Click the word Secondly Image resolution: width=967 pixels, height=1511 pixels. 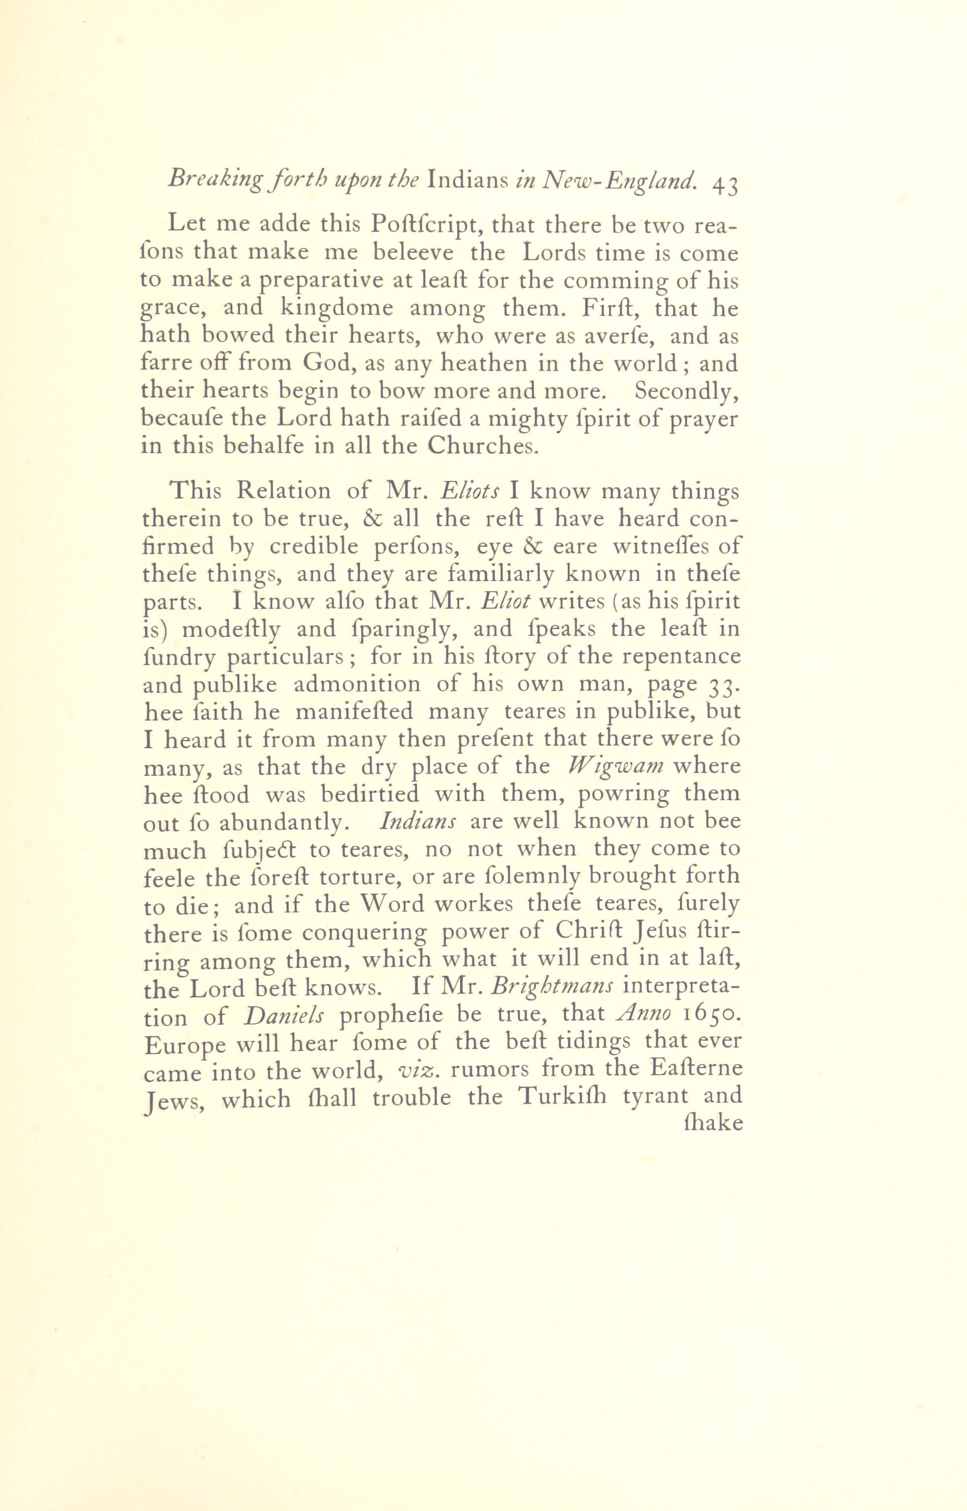(686, 391)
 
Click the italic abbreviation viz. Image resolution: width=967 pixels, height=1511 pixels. (417, 1070)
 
